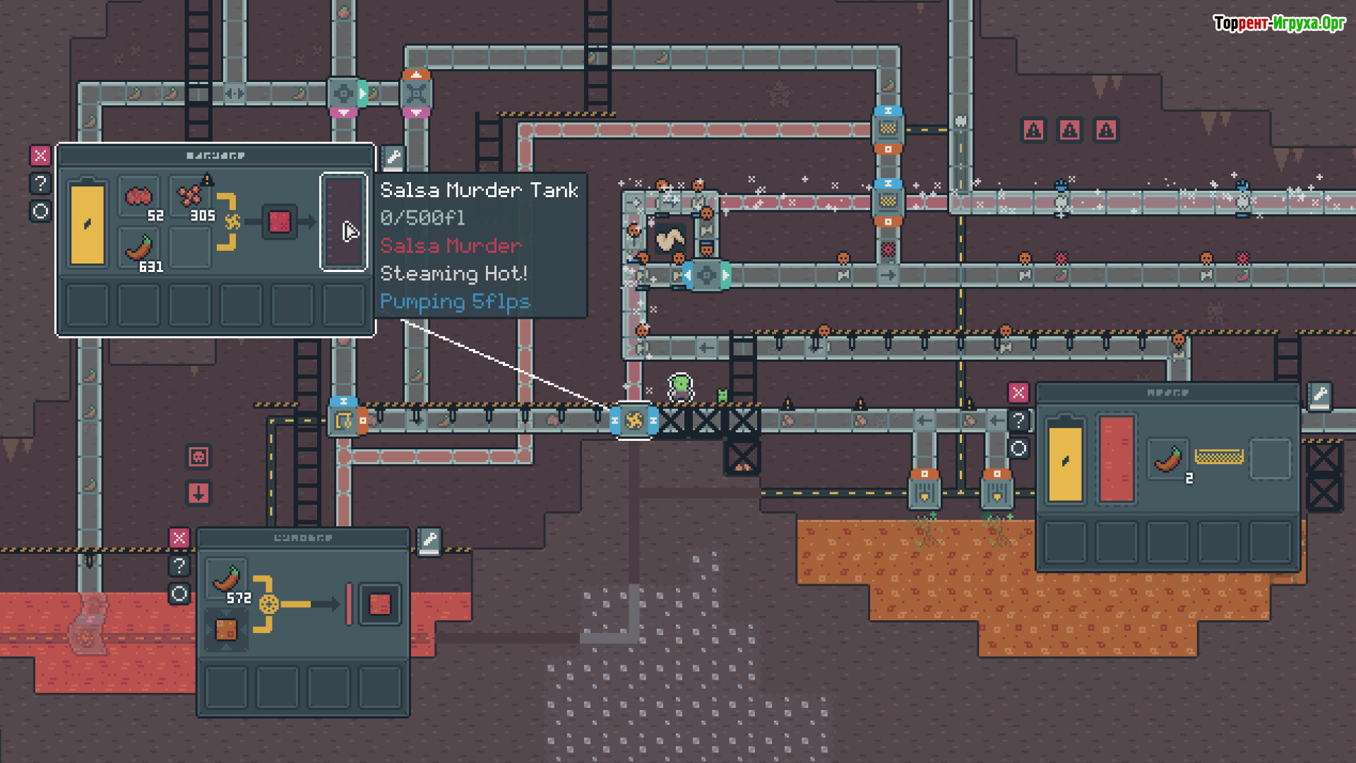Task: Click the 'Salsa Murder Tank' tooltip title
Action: click(479, 191)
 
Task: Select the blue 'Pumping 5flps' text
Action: click(455, 302)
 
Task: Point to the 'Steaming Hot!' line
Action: click(453, 273)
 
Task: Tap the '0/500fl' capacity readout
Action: click(422, 218)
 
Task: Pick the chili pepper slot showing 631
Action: click(139, 249)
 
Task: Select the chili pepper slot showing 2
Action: click(1169, 460)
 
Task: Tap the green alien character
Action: click(681, 386)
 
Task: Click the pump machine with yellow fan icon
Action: click(634, 421)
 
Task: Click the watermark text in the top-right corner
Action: click(1279, 23)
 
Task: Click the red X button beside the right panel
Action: click(1018, 393)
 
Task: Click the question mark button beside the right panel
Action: click(1018, 421)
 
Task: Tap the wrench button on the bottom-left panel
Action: click(429, 541)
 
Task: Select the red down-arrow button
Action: click(198, 493)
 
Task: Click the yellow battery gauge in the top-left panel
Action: click(88, 223)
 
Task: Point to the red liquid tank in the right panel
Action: click(1117, 459)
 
